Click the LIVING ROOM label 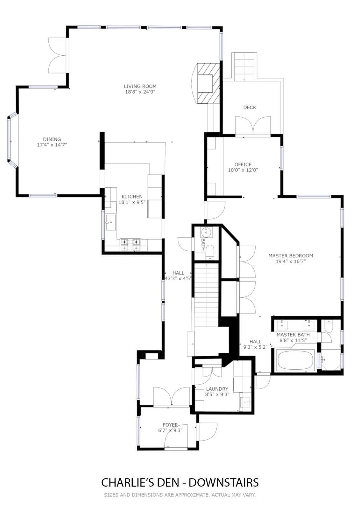140,86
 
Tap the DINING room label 52,139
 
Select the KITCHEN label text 132,197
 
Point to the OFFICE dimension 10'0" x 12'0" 243,170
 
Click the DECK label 250,108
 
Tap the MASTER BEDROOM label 291,256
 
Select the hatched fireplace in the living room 208,83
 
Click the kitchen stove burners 130,245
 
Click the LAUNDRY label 217,389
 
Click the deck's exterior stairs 244,67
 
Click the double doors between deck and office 253,126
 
